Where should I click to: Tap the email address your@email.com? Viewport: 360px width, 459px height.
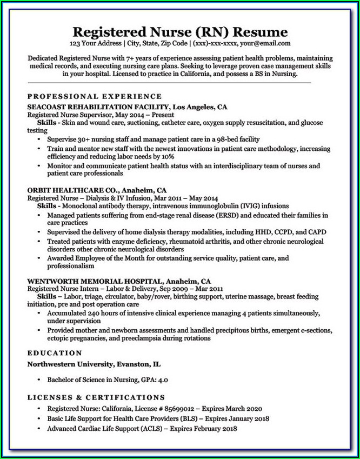pyautogui.click(x=265, y=43)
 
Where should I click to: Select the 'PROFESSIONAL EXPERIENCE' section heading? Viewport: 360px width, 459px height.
pyautogui.click(x=95, y=96)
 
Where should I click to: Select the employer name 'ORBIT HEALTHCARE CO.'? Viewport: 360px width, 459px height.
pyautogui.click(x=72, y=190)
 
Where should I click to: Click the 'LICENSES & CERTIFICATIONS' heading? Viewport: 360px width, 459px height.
pyautogui.click(x=96, y=397)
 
